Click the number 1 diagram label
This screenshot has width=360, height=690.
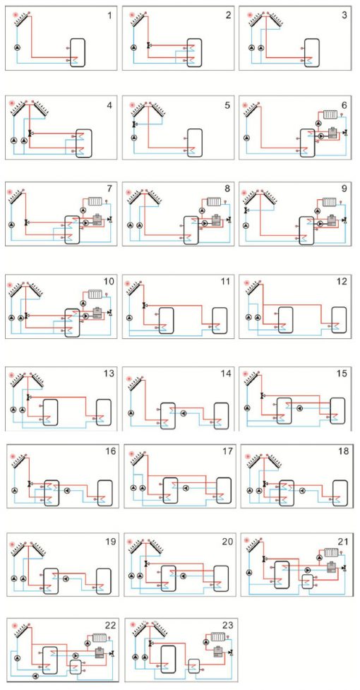point(109,16)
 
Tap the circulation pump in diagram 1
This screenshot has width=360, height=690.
point(17,47)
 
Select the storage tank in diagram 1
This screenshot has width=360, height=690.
point(78,52)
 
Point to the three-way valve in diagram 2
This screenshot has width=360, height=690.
point(148,45)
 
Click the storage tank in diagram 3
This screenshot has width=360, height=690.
point(312,52)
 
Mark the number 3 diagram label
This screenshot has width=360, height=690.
point(344,16)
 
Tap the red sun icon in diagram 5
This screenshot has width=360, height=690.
point(132,105)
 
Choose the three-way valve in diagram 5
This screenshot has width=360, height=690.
point(134,125)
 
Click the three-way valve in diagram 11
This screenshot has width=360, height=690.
point(144,305)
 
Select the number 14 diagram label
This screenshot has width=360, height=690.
point(225,374)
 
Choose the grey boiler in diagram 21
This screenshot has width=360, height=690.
point(332,567)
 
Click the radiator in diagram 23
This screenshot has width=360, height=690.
point(217,636)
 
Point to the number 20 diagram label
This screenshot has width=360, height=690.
point(227,542)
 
